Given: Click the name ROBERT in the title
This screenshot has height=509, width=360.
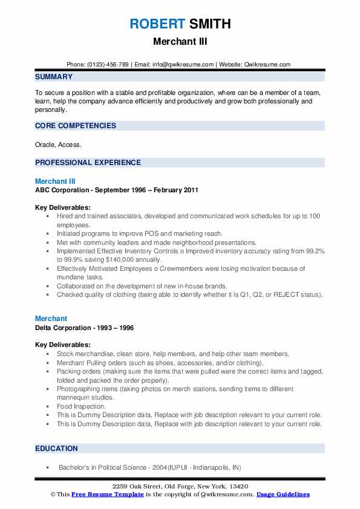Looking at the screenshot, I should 156,24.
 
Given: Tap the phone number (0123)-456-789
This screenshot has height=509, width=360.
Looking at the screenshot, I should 108,65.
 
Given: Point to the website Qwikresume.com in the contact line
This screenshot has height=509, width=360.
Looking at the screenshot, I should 268,65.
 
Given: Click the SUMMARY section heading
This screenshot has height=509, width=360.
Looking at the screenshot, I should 54,77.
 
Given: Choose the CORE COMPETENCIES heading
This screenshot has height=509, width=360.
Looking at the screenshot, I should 75,126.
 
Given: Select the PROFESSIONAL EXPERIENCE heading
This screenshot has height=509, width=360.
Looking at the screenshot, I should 88,163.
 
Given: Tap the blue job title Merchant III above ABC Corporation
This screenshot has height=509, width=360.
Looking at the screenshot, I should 55,181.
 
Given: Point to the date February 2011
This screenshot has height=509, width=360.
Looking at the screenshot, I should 175,190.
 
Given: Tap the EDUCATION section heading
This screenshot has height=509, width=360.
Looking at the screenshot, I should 56,449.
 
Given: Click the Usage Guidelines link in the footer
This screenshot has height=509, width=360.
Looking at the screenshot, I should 283,494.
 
